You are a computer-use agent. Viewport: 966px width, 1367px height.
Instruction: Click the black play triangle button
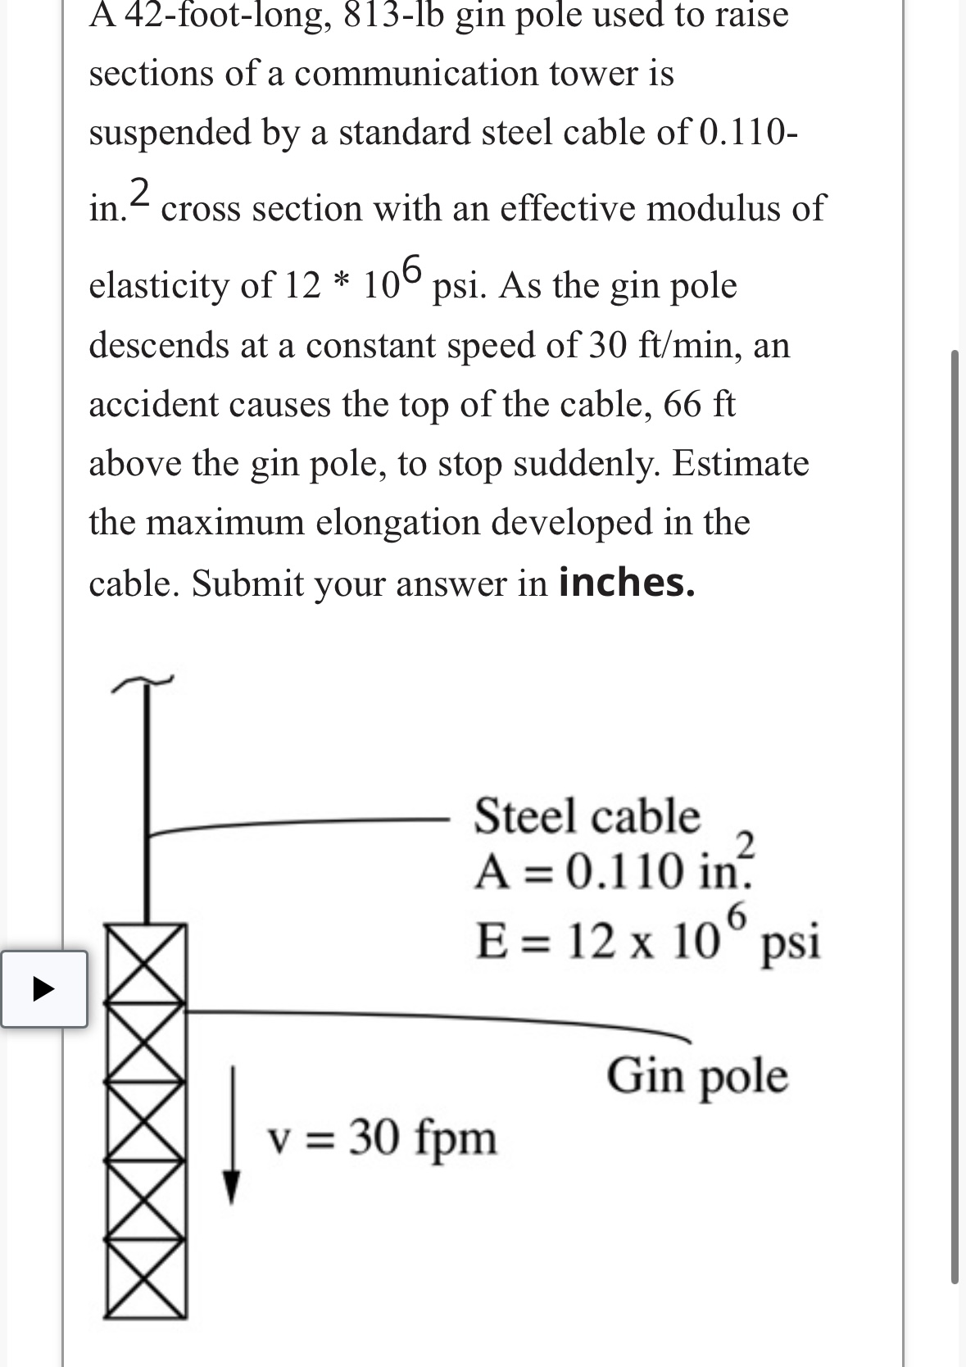pyautogui.click(x=43, y=989)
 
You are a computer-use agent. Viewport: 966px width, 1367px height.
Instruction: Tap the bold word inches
pyautogui.click(x=627, y=583)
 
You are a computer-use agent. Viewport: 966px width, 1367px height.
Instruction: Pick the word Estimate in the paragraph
pyautogui.click(x=740, y=464)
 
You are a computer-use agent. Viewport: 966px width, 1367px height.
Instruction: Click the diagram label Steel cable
pyautogui.click(x=587, y=816)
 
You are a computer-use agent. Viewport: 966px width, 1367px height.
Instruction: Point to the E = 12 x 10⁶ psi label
pyautogui.click(x=647, y=941)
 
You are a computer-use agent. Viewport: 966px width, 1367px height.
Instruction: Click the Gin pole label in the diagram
pyautogui.click(x=697, y=1075)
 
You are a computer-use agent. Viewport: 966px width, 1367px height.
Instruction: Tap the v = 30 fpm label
pyautogui.click(x=383, y=1138)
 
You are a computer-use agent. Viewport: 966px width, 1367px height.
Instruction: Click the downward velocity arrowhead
pyautogui.click(x=233, y=1187)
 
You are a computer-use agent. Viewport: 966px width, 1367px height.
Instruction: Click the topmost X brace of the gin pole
pyautogui.click(x=145, y=949)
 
